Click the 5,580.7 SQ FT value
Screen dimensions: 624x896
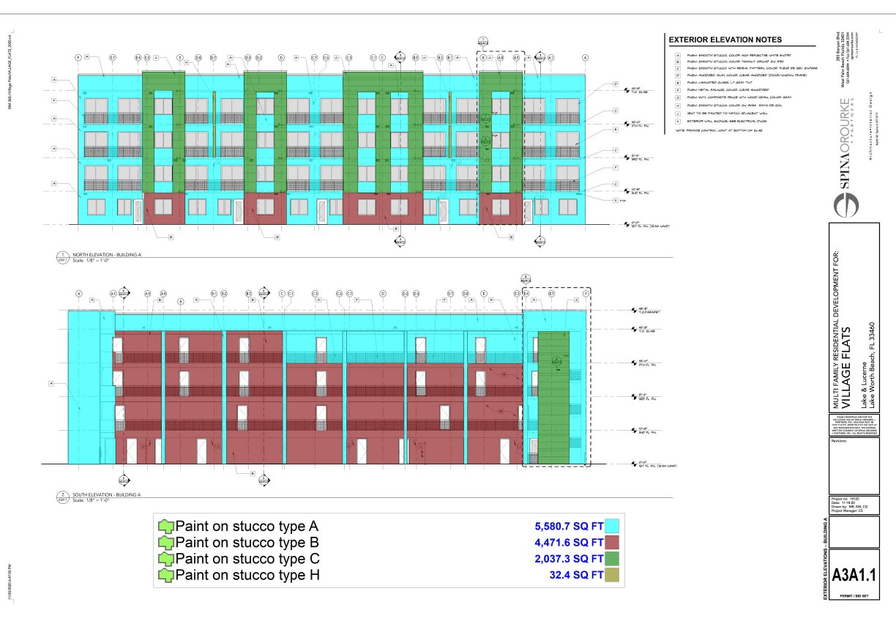pyautogui.click(x=569, y=526)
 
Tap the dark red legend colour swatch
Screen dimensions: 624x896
pyautogui.click(x=613, y=543)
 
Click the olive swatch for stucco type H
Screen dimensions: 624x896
pyautogui.click(x=613, y=576)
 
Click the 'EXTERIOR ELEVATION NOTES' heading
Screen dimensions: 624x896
pyautogui.click(x=725, y=40)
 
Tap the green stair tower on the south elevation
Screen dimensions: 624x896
pyautogui.click(x=553, y=395)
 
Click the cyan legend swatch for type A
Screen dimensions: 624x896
pyautogui.click(x=613, y=526)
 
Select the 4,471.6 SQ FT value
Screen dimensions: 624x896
pyautogui.click(x=569, y=543)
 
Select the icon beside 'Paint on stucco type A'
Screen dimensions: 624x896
pyautogui.click(x=166, y=527)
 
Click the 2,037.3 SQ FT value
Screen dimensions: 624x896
pyautogui.click(x=569, y=559)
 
